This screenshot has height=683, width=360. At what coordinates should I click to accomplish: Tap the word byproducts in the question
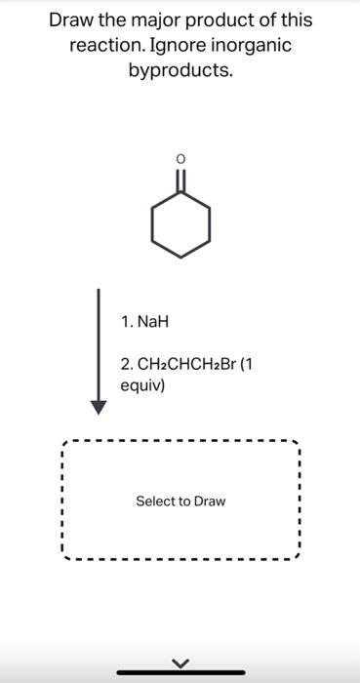(180, 71)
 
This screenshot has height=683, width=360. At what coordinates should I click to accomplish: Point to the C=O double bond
(180, 180)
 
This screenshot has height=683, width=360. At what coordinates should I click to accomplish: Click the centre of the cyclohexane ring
(180, 224)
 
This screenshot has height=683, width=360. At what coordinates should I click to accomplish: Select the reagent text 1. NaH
(146, 321)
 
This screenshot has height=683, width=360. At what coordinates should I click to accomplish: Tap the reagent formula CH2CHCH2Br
(180, 365)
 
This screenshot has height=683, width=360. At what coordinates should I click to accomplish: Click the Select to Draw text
(180, 502)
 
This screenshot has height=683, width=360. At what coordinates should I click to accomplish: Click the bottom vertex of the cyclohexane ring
(180, 257)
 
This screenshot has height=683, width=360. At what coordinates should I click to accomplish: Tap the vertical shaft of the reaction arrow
(98, 341)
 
